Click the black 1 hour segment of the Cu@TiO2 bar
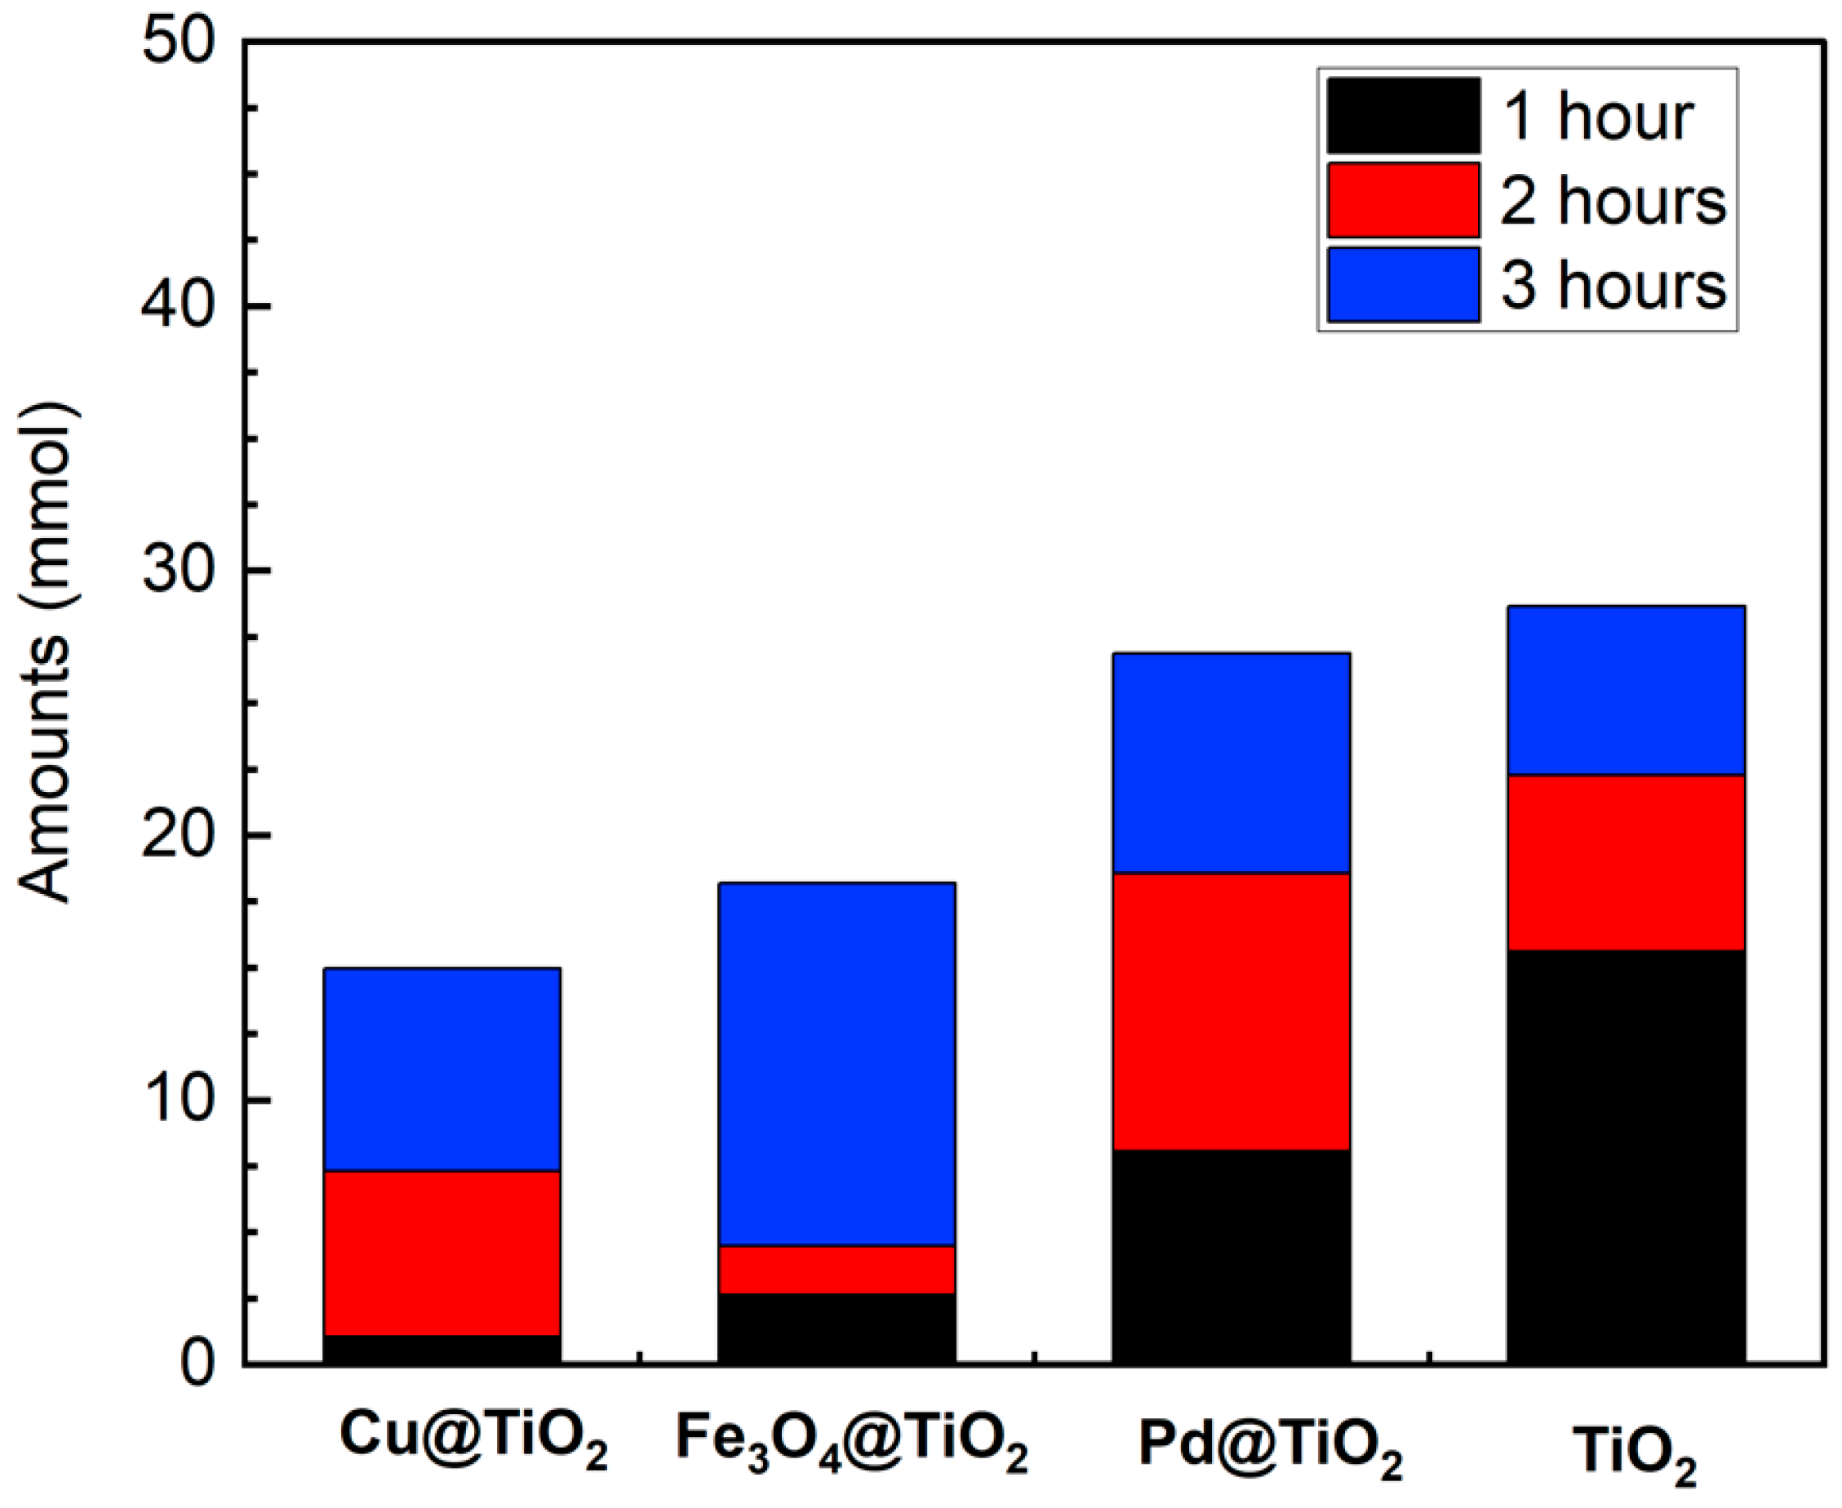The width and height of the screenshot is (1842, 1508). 442,1348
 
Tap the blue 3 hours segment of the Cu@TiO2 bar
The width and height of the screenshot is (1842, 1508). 442,1070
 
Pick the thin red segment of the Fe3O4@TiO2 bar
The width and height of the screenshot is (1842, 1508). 837,1270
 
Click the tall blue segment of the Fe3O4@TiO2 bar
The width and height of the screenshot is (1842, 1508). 837,1064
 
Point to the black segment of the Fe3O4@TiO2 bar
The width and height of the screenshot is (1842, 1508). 837,1328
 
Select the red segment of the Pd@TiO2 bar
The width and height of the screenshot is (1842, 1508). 1231,1011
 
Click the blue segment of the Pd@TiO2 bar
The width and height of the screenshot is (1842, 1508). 1231,763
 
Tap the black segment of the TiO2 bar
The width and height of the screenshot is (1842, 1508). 1625,1155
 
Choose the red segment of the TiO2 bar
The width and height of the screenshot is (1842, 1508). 1625,862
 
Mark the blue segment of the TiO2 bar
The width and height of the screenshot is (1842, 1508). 1625,691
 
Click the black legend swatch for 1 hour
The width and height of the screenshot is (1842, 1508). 1403,116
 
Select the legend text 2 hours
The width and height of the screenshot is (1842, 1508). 1613,201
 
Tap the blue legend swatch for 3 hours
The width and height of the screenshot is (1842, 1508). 1403,285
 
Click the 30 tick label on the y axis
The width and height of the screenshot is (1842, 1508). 178,571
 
